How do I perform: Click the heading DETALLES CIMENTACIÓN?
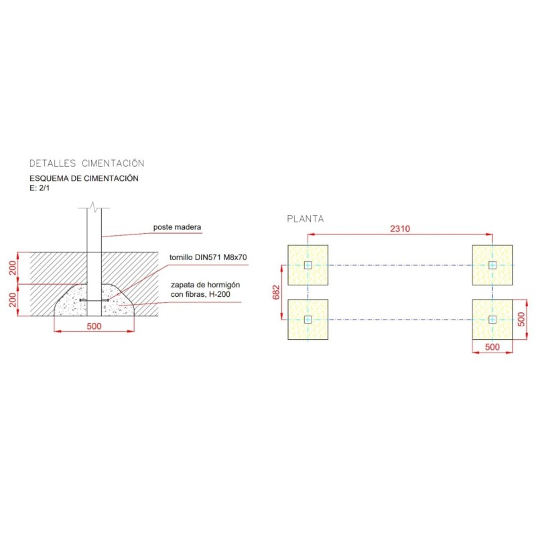point(87,163)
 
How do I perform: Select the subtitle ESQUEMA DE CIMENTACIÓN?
point(84,178)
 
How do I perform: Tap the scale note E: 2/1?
point(40,188)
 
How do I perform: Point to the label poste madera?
point(177,227)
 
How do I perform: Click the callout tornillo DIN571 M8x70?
point(208,257)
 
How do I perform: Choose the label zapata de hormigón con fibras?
point(205,289)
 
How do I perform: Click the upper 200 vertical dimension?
point(13,268)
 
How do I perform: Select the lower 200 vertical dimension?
point(13,299)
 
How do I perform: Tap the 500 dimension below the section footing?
point(94,326)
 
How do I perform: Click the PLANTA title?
point(306,219)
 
